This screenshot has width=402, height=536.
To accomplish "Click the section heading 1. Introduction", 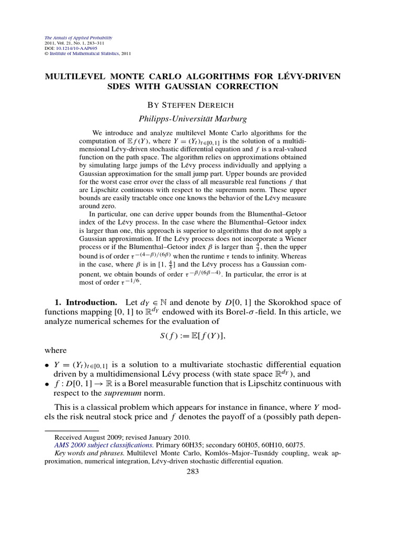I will (86, 303).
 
